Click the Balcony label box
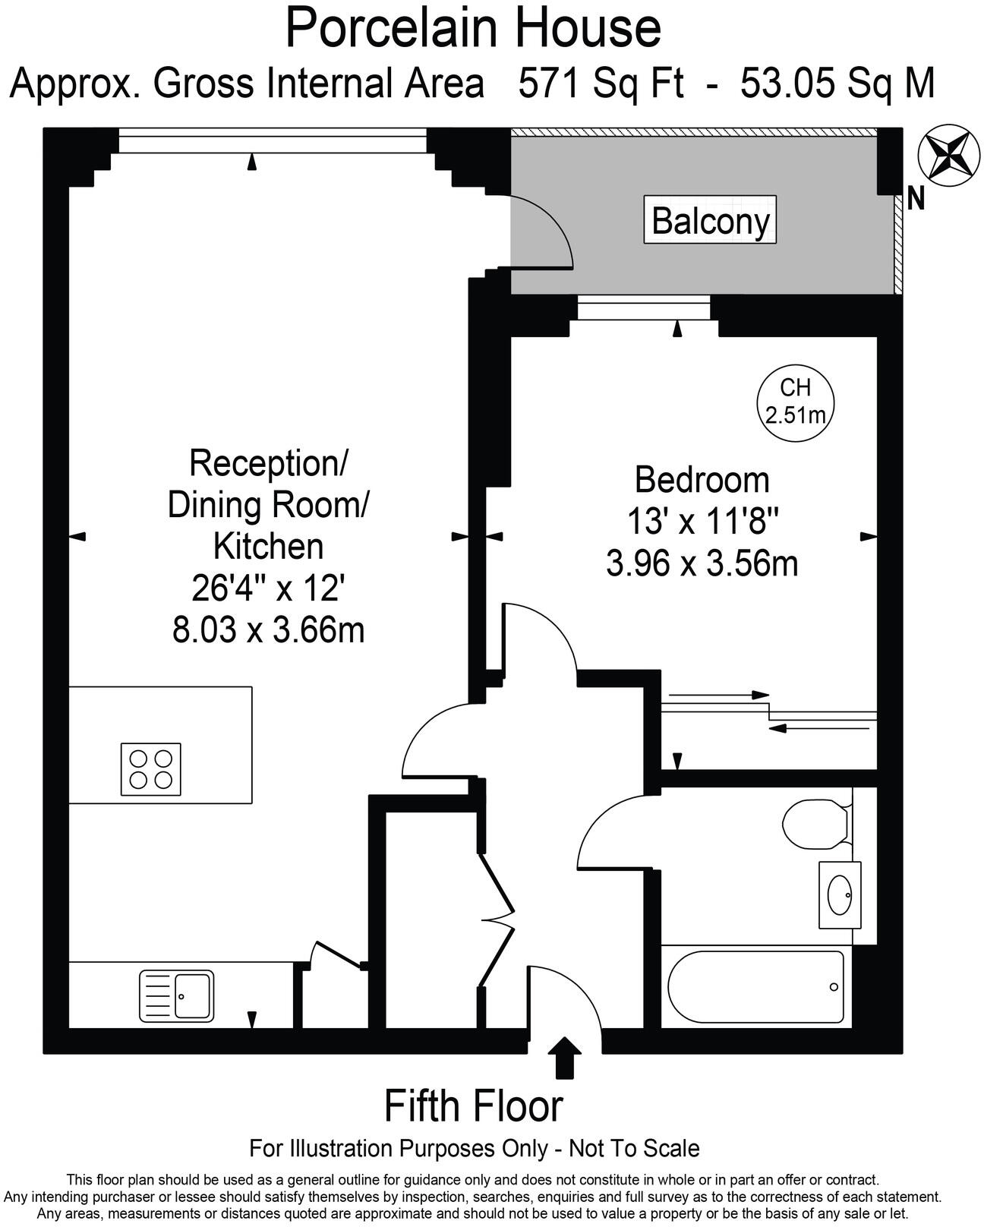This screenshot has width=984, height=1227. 710,220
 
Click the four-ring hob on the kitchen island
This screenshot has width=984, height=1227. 151,769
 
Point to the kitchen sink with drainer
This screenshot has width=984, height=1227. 177,995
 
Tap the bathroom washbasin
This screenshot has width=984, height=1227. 840,894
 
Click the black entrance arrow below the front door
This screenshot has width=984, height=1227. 565,1056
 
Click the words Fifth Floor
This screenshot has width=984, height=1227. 474,1106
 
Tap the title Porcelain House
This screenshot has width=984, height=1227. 473,27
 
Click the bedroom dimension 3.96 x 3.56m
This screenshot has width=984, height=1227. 702,564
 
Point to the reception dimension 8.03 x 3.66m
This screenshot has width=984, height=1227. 268,630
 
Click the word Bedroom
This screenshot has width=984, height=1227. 702,480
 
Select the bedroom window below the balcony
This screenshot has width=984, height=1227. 644,308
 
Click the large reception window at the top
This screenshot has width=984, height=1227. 272,142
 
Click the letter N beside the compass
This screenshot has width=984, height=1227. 916,199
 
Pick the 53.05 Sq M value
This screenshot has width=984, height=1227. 837,83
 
